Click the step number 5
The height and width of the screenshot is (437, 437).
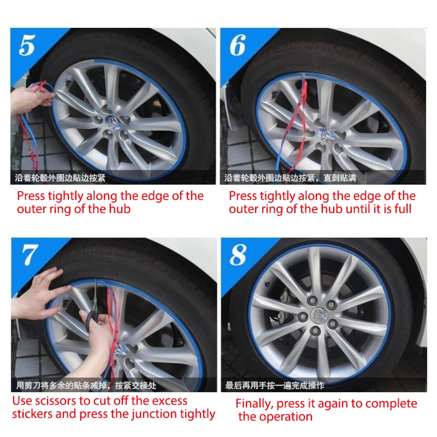27,45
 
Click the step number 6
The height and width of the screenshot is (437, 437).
238,45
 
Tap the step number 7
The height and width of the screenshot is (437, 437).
30,255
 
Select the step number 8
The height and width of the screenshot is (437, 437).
238,255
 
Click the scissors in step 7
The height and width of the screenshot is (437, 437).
93,306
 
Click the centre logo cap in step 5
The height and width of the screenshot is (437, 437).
113,122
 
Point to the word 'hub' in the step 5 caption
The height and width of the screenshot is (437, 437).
120,209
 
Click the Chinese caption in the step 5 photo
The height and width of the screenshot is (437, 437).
60,178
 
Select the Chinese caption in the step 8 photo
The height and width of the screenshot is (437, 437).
275,386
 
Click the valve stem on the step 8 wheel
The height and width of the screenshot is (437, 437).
267,285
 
